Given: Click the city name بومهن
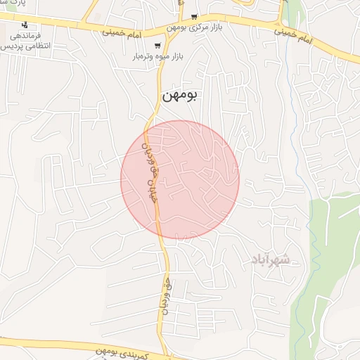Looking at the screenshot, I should point(181,96).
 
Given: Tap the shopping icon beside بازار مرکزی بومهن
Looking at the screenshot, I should point(194,16).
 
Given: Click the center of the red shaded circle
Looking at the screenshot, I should point(180,180).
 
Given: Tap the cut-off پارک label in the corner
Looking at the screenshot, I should point(13,4).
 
